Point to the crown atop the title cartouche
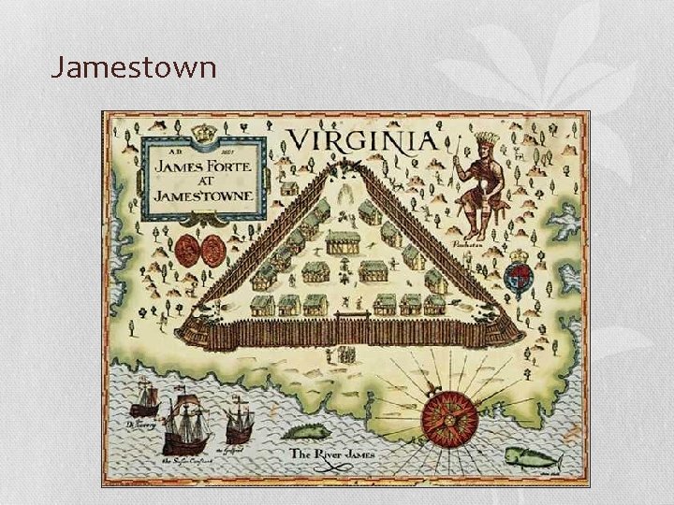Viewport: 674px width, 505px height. (x=204, y=135)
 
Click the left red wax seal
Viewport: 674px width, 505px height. (x=188, y=251)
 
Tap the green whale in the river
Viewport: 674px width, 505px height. (x=532, y=458)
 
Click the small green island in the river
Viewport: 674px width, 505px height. (x=306, y=431)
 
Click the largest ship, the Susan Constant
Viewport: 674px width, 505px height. (x=186, y=422)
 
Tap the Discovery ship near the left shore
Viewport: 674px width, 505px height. (x=145, y=399)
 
